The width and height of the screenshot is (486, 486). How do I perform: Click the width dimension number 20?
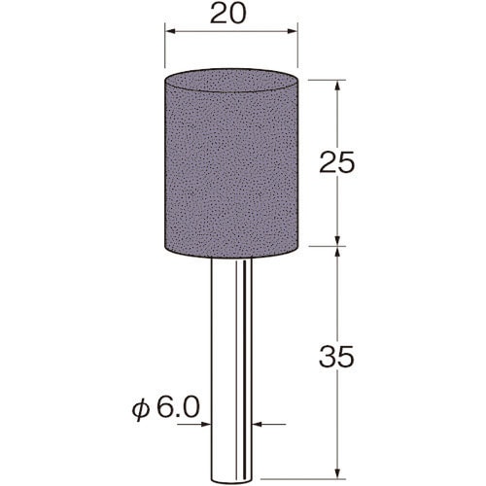[x=228, y=14]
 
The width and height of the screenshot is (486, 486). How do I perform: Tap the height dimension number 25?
[x=337, y=162]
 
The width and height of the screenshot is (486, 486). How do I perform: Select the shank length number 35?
[x=336, y=357]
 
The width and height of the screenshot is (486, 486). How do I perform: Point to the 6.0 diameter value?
[x=178, y=408]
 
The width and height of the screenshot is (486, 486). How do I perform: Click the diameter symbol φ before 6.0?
[x=141, y=409]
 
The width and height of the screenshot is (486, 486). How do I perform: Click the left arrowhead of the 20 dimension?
[x=170, y=31]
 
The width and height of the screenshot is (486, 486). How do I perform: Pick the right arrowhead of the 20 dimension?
[x=293, y=31]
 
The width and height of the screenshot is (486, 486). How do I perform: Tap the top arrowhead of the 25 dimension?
[x=337, y=85]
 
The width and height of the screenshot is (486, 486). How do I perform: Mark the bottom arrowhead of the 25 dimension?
[x=337, y=241]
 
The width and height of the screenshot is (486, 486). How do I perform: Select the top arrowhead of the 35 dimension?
[x=337, y=252]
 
